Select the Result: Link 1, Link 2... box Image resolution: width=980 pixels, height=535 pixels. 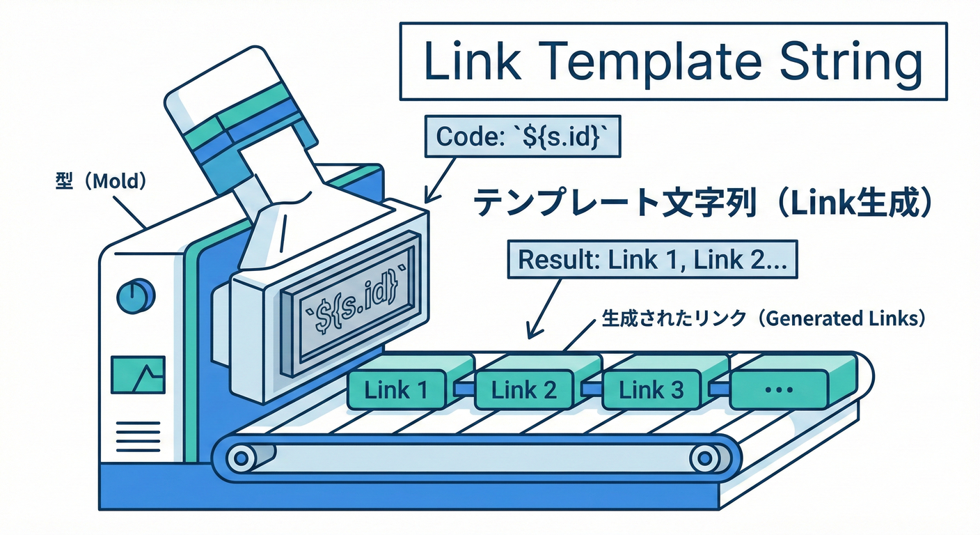[653, 261]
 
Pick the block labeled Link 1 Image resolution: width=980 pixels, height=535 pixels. [397, 389]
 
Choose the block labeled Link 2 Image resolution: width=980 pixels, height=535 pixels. [523, 389]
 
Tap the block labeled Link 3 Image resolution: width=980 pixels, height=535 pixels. [651, 389]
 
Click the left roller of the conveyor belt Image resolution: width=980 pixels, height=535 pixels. [242, 458]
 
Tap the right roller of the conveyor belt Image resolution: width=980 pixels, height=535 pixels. [704, 458]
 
